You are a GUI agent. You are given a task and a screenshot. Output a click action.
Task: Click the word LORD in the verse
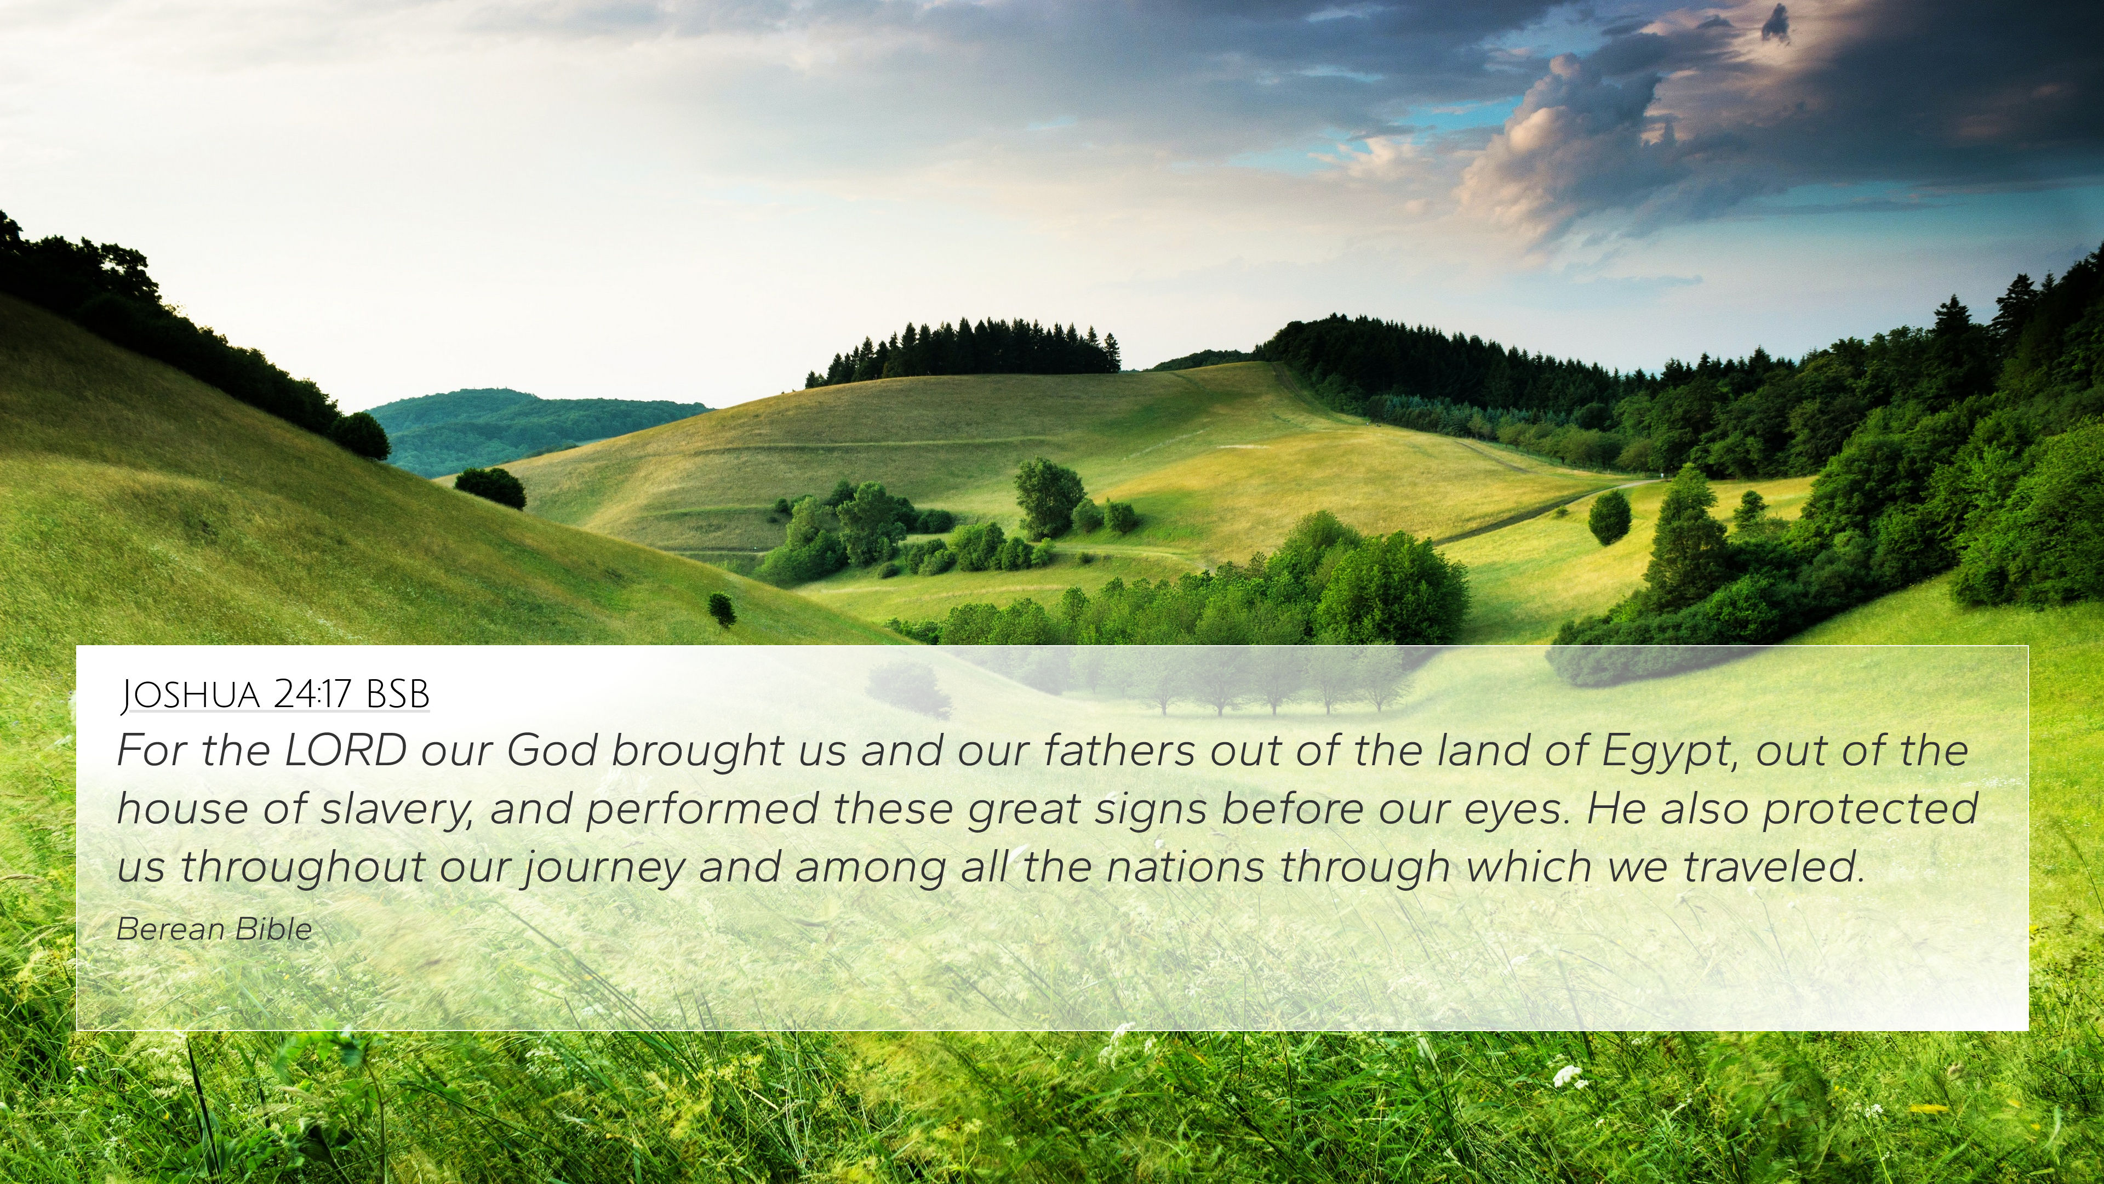(x=345, y=750)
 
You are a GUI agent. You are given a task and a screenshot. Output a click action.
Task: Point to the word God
(x=551, y=750)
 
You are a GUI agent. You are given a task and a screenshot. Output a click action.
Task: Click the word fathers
(x=1119, y=750)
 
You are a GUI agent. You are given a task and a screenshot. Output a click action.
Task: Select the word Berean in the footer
(x=170, y=930)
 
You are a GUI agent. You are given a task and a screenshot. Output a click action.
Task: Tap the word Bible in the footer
(x=273, y=930)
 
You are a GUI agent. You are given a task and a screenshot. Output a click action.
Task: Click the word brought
(x=697, y=752)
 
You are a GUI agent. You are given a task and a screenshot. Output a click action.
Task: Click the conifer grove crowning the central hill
(x=964, y=351)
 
